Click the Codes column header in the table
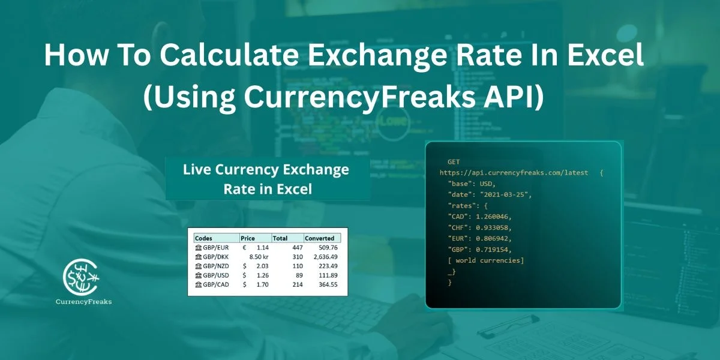(203, 238)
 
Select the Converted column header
(320, 238)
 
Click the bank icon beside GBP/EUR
(199, 247)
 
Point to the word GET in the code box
(454, 162)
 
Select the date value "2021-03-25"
(505, 194)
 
